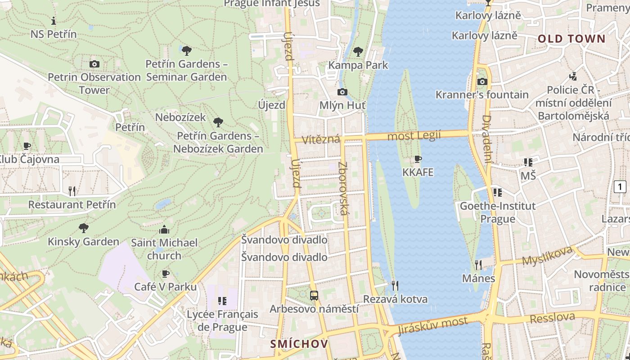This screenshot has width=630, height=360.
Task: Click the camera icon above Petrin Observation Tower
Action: [x=94, y=64]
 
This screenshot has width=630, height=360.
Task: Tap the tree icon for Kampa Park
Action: [x=358, y=51]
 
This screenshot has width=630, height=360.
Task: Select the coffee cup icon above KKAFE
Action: [x=418, y=159]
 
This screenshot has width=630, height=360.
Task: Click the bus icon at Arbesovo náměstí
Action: [x=314, y=296]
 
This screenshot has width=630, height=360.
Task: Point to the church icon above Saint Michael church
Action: [x=164, y=229]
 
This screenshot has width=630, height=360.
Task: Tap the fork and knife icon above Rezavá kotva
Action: [x=395, y=285]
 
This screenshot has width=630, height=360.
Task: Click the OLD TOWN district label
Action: [x=571, y=39]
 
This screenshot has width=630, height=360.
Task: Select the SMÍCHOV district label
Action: [x=299, y=344]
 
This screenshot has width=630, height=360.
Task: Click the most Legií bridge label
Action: [x=414, y=135]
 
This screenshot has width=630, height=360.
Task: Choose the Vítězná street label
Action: [x=321, y=139]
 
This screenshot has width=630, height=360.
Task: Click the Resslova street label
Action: [x=552, y=318]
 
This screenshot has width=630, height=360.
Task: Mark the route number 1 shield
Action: [x=620, y=186]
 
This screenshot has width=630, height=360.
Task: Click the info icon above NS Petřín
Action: [x=54, y=21]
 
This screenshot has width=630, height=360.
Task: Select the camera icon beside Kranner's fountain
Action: [x=482, y=81]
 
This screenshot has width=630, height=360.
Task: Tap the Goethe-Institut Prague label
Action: [x=497, y=212]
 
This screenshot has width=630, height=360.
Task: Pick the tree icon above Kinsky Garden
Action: [x=83, y=228]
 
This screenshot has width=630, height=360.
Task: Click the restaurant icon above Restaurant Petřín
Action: [x=72, y=191]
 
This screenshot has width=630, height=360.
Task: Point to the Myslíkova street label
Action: [x=547, y=255]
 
